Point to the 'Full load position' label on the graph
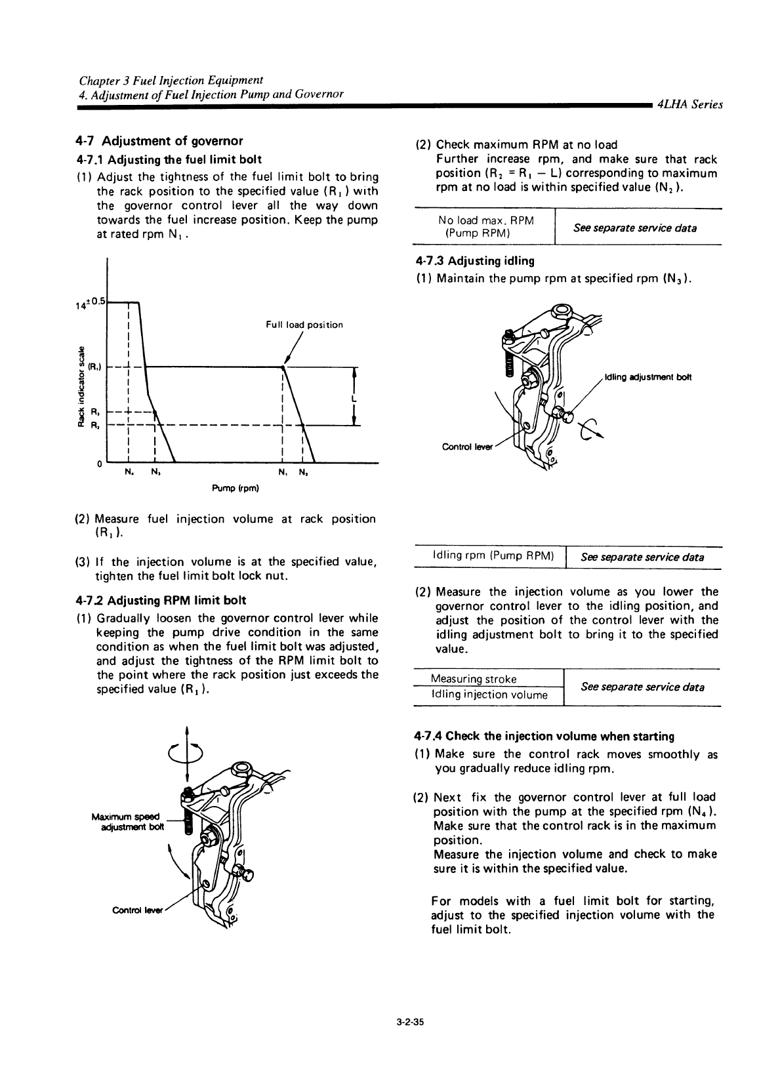(304, 325)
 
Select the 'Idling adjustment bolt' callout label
(643, 377)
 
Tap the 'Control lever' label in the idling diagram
(466, 447)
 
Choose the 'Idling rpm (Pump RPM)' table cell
(489, 557)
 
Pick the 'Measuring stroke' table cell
(474, 678)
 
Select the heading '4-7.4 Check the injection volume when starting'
(544, 736)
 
